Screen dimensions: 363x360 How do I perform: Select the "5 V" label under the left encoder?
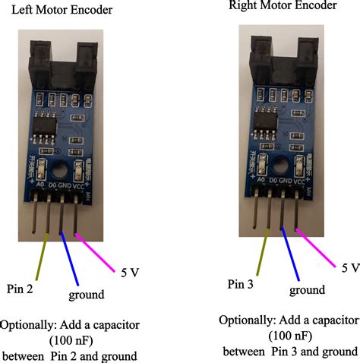130,270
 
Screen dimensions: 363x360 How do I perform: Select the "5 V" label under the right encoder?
349,267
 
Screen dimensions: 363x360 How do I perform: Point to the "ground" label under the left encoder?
86,295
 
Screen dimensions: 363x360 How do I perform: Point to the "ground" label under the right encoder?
307,290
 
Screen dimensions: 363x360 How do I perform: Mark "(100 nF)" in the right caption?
290,335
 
